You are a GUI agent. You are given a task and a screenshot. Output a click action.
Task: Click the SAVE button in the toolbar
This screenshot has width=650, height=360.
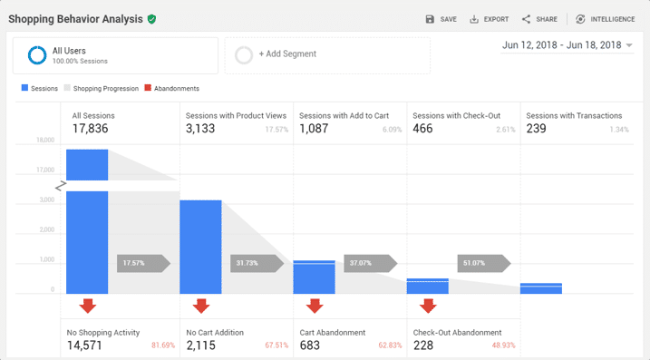tap(441, 19)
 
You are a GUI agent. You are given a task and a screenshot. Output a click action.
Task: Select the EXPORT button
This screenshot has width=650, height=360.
tap(489, 19)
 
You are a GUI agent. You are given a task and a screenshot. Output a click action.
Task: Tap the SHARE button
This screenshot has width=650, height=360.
tap(539, 19)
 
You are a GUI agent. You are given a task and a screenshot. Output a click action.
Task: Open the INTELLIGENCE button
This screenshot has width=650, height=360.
tap(605, 19)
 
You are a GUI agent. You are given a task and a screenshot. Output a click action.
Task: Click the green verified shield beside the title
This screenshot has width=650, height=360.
tap(151, 19)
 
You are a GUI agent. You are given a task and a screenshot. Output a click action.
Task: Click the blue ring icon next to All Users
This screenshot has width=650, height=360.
tap(37, 55)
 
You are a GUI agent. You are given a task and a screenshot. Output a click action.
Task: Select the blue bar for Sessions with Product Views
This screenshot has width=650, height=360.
tap(200, 246)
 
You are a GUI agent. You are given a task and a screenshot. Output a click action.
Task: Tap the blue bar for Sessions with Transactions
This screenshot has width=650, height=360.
tap(540, 288)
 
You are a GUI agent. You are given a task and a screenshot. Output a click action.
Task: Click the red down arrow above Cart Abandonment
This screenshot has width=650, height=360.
tap(314, 306)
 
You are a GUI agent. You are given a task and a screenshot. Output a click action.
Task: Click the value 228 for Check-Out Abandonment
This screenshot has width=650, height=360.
tap(423, 345)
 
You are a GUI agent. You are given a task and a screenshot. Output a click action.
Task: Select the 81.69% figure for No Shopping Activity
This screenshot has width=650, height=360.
tap(162, 345)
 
